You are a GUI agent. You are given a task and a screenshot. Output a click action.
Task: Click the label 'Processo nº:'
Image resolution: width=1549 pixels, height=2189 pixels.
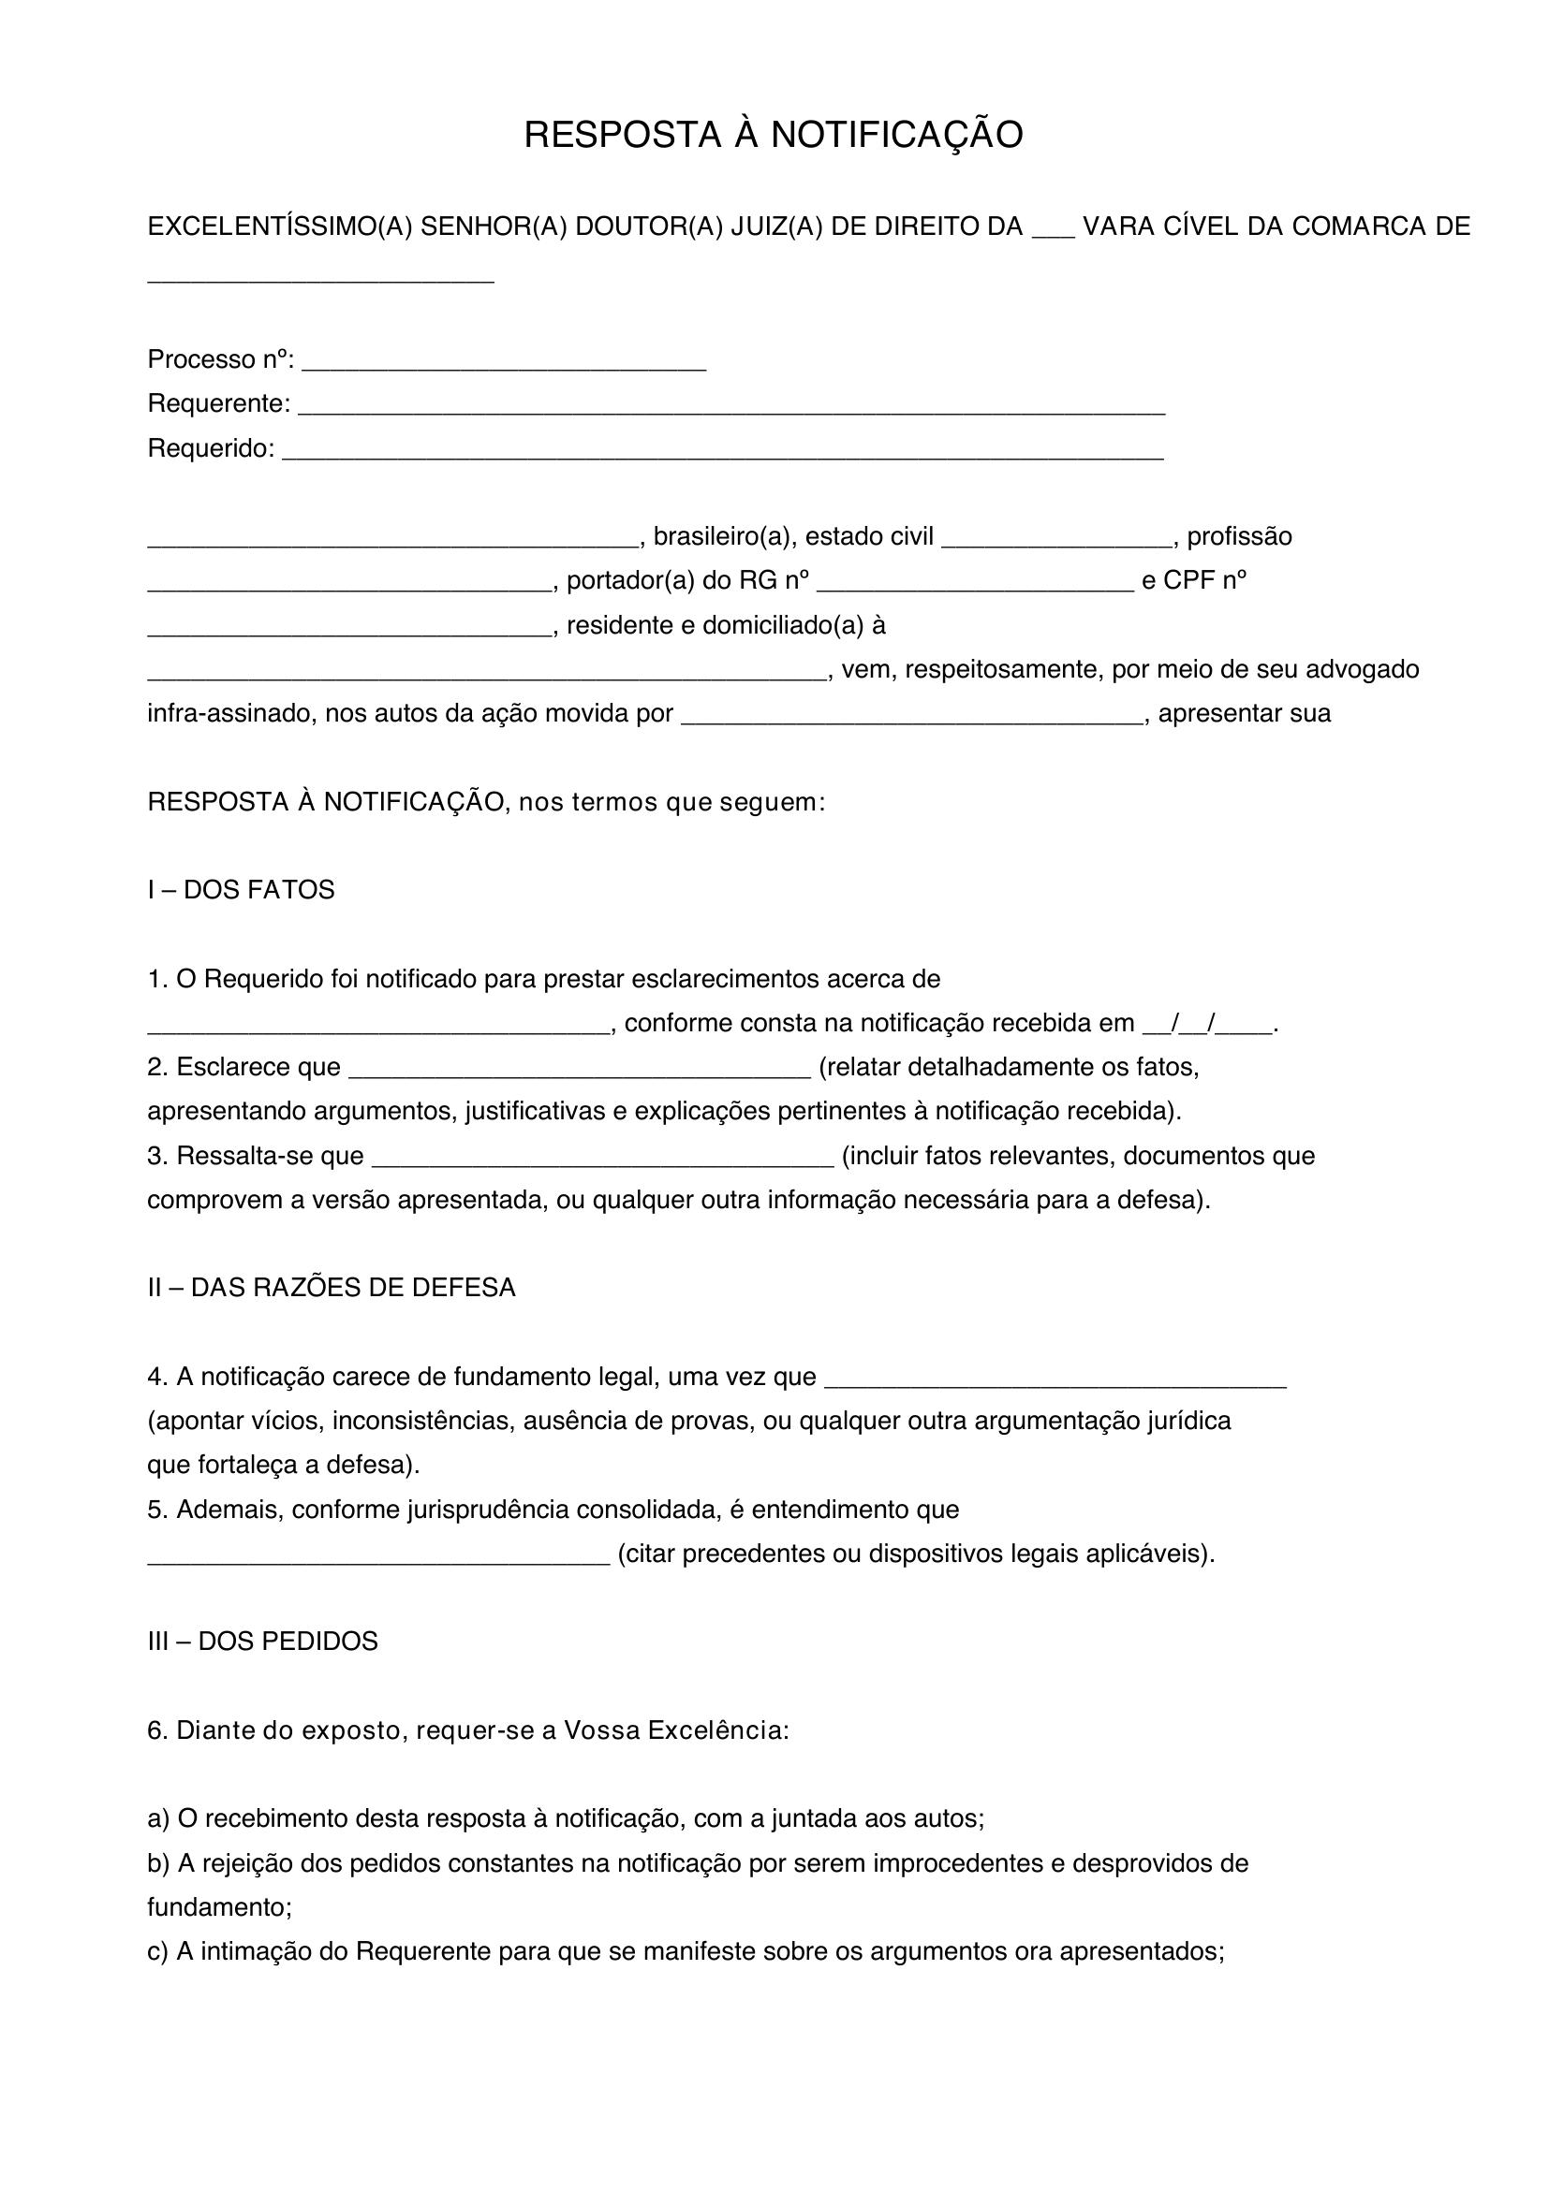[x=220, y=359]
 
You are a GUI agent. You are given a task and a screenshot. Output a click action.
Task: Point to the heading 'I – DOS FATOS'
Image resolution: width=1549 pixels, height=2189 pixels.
[x=241, y=889]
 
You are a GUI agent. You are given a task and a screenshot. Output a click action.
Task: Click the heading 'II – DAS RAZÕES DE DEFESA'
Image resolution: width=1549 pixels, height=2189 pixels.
[x=331, y=1287]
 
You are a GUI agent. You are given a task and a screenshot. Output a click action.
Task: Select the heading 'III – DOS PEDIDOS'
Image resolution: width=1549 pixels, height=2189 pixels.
[x=262, y=1641]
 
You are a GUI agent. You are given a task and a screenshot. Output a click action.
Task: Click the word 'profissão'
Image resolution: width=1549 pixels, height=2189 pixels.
[x=1239, y=537]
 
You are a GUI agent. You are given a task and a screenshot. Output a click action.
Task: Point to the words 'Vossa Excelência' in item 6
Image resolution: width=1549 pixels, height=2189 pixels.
[x=675, y=1729]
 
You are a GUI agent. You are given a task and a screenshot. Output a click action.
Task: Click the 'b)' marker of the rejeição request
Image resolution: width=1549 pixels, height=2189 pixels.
[x=157, y=1863]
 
